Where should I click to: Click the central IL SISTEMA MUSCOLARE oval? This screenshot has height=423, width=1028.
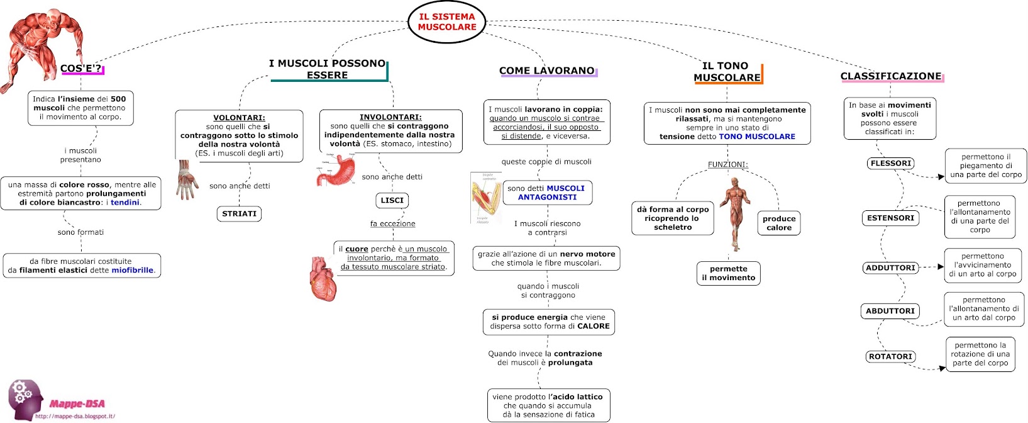(x=447, y=22)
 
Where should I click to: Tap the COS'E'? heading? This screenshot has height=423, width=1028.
(x=81, y=69)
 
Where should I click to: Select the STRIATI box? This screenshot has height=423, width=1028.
(x=240, y=214)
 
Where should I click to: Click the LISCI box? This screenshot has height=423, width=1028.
(x=392, y=200)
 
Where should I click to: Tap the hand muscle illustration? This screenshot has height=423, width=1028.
(x=186, y=180)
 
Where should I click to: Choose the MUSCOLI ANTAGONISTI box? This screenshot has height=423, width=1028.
(x=546, y=193)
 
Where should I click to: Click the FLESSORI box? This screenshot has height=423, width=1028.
(x=891, y=164)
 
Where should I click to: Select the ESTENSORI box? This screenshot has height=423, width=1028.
(x=890, y=218)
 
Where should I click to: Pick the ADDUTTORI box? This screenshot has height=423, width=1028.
(x=890, y=268)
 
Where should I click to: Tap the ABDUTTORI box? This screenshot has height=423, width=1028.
(x=890, y=311)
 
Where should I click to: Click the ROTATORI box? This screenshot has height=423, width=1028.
(x=890, y=357)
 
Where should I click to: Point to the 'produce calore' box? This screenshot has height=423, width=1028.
(x=779, y=223)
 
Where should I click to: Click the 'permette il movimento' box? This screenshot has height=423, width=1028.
(x=728, y=273)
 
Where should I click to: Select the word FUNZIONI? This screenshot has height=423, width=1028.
(x=727, y=165)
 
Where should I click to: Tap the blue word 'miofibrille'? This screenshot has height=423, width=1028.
(x=133, y=271)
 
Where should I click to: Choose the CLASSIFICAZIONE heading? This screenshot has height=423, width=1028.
(x=890, y=76)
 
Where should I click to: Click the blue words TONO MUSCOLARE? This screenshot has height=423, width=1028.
(x=757, y=137)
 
